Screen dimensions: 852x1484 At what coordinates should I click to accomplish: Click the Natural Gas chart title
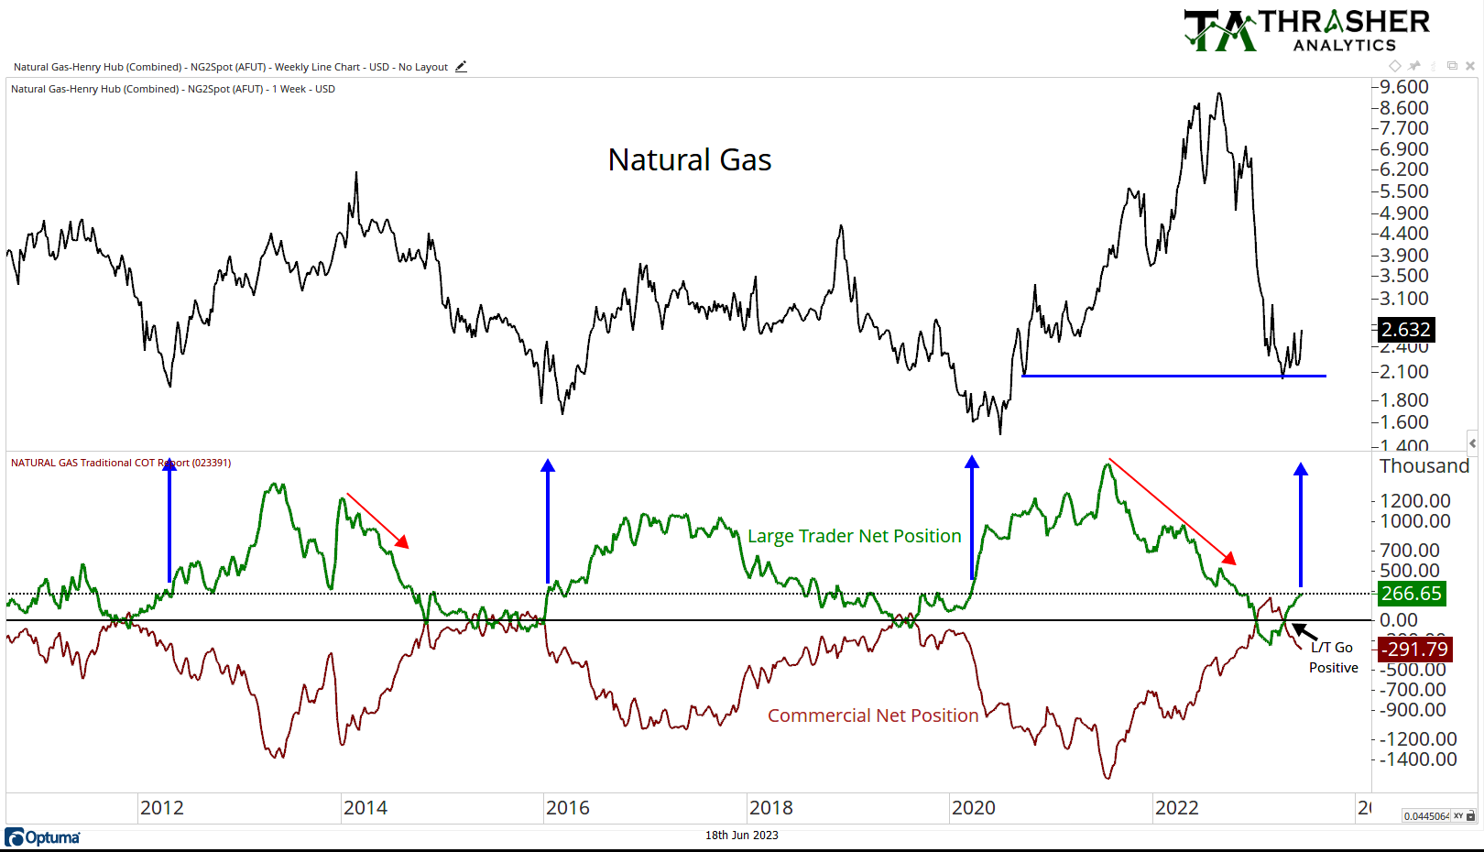coord(690,160)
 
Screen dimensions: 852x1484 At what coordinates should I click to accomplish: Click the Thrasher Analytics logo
coord(1307,31)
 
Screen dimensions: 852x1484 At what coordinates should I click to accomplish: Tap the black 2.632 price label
coord(1406,330)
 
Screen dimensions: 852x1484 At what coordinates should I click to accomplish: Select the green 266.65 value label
coord(1412,594)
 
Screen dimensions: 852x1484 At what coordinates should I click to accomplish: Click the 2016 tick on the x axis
coord(568,808)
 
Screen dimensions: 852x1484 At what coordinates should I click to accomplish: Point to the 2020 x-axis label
coord(973,808)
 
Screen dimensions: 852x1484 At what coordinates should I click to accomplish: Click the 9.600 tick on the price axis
coord(1403,87)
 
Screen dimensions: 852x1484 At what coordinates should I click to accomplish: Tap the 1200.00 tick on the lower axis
coord(1415,501)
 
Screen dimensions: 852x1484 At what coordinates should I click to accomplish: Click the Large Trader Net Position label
coord(854,536)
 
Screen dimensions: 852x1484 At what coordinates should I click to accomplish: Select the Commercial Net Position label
coord(873,715)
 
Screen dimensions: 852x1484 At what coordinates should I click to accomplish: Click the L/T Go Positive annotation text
coord(1333,658)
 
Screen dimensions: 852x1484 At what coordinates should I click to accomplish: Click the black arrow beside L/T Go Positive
coord(1304,632)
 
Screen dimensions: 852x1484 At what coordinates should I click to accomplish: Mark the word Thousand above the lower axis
coord(1424,466)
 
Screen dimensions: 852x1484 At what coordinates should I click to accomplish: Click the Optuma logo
coord(42,837)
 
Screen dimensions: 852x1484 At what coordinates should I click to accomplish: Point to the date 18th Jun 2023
coord(741,836)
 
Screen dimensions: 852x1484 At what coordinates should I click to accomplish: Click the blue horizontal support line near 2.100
coord(1173,376)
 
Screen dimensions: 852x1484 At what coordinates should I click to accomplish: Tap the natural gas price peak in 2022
coord(1218,93)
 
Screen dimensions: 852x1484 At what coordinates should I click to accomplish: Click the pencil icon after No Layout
coord(461,67)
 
